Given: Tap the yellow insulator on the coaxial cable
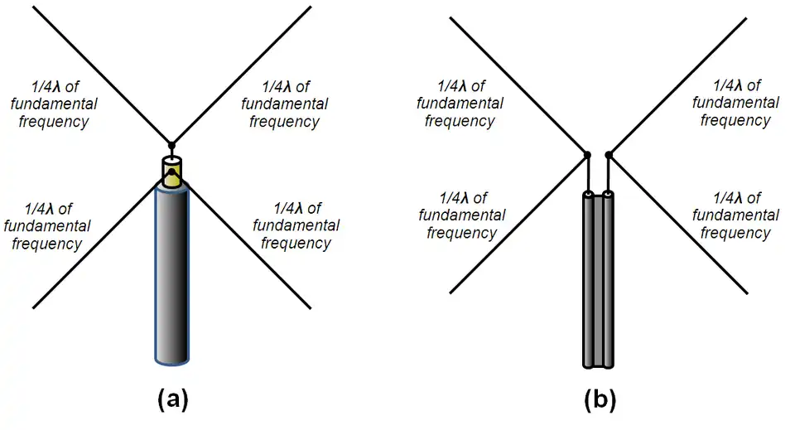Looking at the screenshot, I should pos(171,176).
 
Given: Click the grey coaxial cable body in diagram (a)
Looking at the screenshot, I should pos(172,273).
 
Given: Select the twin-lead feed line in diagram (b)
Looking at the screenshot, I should pos(599,282).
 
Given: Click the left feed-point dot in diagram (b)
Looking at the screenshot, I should pos(586,155).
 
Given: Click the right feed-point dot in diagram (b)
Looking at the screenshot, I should pos(609,155).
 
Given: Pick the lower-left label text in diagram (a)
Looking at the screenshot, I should pos(46,225).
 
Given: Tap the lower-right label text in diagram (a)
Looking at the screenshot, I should pos(296,225).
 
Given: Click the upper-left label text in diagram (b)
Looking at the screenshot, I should pos(460,104).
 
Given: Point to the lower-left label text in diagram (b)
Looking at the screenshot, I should pos(461,215).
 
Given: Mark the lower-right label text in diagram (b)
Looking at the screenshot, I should pos(735,215).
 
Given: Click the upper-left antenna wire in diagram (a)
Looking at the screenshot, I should pos(99,75).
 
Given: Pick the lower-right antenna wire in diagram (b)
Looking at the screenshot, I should pos(679,224).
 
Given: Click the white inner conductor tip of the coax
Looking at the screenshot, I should pos(171,158).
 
